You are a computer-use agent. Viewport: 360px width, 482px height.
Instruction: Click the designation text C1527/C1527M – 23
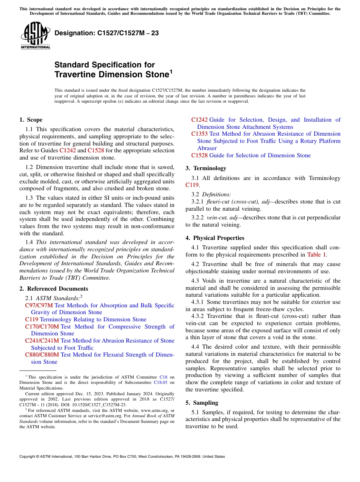point(106,33)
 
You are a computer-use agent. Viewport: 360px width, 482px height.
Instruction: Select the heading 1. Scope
point(31,120)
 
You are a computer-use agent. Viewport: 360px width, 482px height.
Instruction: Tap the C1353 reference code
point(199,134)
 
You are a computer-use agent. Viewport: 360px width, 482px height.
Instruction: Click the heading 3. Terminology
point(206,168)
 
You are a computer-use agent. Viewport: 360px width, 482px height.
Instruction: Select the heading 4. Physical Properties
point(215,238)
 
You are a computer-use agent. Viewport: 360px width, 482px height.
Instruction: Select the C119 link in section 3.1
point(192,185)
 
